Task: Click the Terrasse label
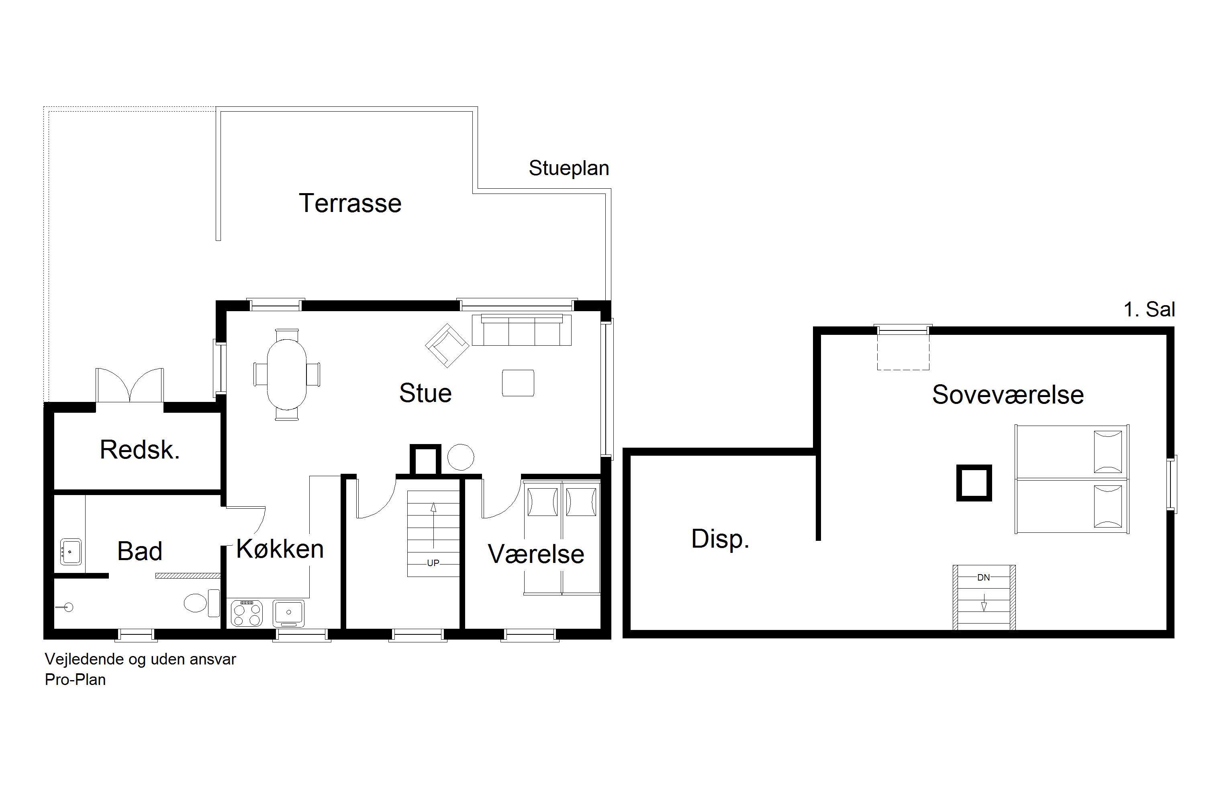pos(350,203)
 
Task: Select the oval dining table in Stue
pos(287,374)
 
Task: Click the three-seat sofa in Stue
pos(521,330)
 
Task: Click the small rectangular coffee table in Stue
pos(518,383)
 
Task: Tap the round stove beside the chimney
pos(461,457)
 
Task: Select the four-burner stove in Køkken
pos(247,613)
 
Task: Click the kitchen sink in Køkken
pos(289,613)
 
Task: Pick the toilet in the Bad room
pos(201,603)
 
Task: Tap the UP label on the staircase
pos(433,563)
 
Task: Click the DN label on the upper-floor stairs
pos(983,578)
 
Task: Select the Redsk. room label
pos(140,450)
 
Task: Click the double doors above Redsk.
pos(130,385)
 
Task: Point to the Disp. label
pos(720,539)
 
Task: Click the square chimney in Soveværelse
pos(974,483)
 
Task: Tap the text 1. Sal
pos(1149,309)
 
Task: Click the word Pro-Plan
pos(76,680)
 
